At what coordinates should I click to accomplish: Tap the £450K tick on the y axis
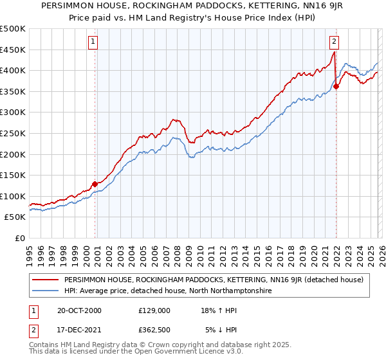tap(13, 50)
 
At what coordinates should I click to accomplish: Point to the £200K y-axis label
tap(13, 154)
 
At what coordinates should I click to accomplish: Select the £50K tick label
tap(15, 217)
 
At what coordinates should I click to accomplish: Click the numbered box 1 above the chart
tap(93, 42)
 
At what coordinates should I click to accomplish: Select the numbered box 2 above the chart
tap(335, 42)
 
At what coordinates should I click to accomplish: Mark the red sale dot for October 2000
tap(95, 184)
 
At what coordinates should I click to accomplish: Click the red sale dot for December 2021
tap(336, 86)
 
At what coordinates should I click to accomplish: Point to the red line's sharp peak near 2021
tap(334, 53)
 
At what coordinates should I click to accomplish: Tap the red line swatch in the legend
tap(46, 280)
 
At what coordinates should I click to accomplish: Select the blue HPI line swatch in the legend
tap(46, 291)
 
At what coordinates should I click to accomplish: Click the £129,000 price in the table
tap(154, 310)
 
